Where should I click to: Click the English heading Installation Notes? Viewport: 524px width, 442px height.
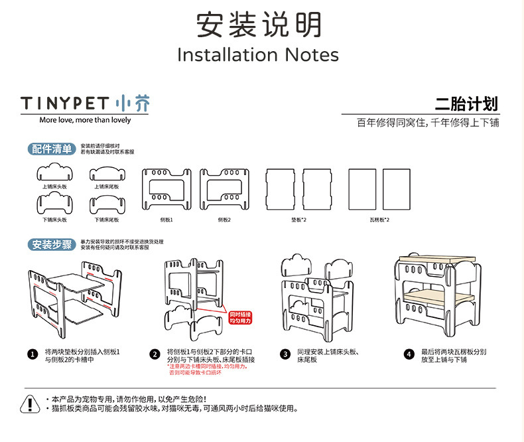coord(258,54)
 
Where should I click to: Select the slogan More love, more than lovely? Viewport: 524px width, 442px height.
coord(85,120)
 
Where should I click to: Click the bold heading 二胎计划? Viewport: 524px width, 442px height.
coord(466,104)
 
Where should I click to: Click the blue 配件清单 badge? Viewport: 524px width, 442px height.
coord(51,149)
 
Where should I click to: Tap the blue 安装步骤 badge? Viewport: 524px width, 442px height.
coord(51,244)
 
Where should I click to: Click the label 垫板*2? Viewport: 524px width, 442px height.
coord(298,219)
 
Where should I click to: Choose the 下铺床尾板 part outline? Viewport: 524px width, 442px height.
coord(106,203)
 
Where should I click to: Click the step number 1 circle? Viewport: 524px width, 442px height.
coord(33,354)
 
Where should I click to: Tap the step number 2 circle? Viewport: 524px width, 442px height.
coord(155,354)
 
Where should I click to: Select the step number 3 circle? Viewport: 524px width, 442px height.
coord(285,354)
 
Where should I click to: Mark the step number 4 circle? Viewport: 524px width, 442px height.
coord(409,354)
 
